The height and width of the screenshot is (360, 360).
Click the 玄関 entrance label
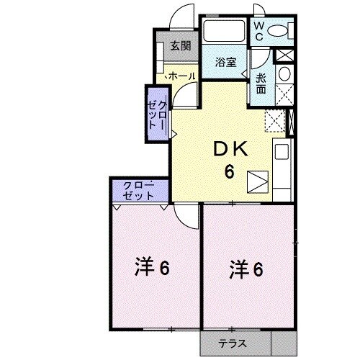click(180, 47)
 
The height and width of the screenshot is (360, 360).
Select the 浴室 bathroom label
click(226, 62)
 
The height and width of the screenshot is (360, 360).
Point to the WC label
click(258, 30)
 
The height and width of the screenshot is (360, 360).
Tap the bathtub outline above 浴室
click(224, 32)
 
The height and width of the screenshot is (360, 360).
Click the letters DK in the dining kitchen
click(230, 150)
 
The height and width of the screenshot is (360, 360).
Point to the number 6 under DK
click(230, 171)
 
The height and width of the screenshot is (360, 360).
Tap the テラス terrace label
click(233, 345)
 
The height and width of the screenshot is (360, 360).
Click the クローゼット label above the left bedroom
click(138, 190)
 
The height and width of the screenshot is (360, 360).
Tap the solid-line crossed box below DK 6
click(256, 181)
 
